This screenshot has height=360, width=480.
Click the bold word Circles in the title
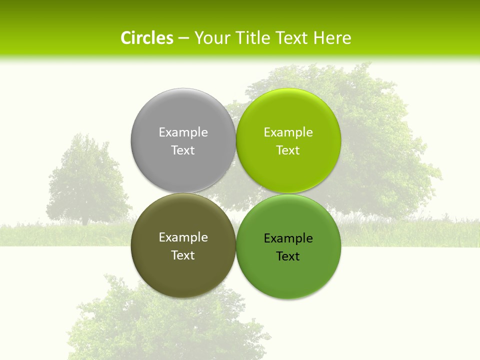coord(147,38)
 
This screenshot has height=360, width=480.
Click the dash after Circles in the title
coord(183,38)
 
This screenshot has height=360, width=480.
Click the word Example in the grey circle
coord(183,132)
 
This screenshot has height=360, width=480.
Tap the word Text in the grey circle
coord(183,150)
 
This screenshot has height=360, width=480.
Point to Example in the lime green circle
coord(288,132)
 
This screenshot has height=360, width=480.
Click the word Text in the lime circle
coord(288,150)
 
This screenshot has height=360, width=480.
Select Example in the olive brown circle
coord(183,237)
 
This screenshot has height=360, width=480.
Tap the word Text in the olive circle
coord(183,255)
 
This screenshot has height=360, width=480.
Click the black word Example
coord(288,238)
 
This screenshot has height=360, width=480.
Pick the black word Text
coord(288,256)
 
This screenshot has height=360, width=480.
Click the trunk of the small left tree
coord(85,220)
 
